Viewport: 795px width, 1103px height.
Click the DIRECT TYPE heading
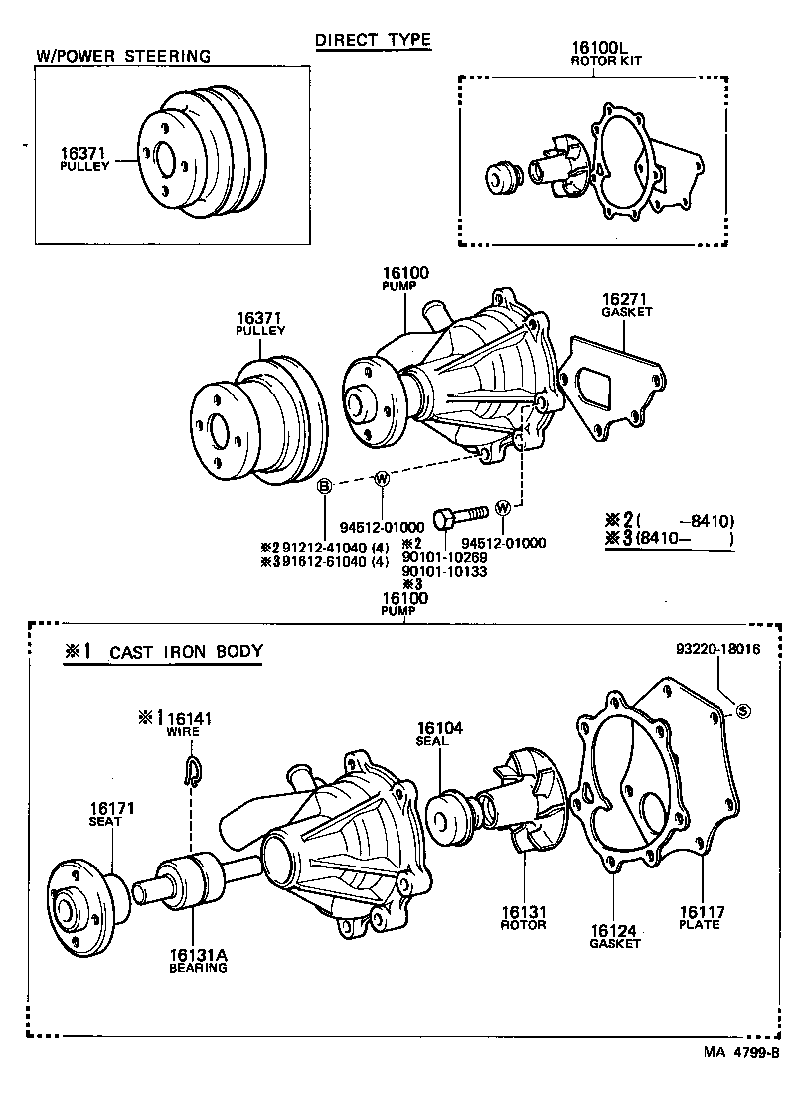373,40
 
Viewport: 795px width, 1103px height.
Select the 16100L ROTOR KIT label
606,53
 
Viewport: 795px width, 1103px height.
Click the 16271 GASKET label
627,304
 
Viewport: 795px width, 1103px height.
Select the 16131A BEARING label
198,960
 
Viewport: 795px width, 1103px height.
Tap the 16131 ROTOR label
523,918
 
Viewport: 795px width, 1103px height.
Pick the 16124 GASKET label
615,937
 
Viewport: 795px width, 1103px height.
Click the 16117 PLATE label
700,918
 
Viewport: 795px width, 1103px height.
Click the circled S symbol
741,709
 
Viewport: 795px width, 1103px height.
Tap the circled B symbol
324,486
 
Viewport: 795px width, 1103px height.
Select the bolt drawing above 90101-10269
462,516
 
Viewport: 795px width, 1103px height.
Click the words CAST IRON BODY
186,652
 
